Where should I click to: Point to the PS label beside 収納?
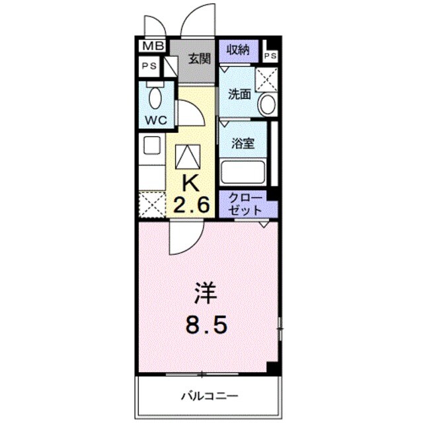pos(271,56)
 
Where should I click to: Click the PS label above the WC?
pos(150,66)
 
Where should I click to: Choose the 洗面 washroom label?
pos(239,94)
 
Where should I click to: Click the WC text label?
pos(155,120)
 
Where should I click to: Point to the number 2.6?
pos(191,205)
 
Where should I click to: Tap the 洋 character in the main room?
pos(205,293)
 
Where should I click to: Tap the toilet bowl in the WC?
pos(156,98)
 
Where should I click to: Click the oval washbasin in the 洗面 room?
pos(267,104)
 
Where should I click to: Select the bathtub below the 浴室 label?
pos(243,172)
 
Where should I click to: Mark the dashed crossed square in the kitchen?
pos(153,204)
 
